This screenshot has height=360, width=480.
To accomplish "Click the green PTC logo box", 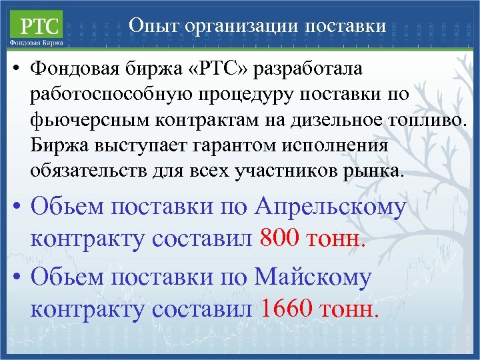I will pos(37,26).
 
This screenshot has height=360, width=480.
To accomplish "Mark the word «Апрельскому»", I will pos(331,207).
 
